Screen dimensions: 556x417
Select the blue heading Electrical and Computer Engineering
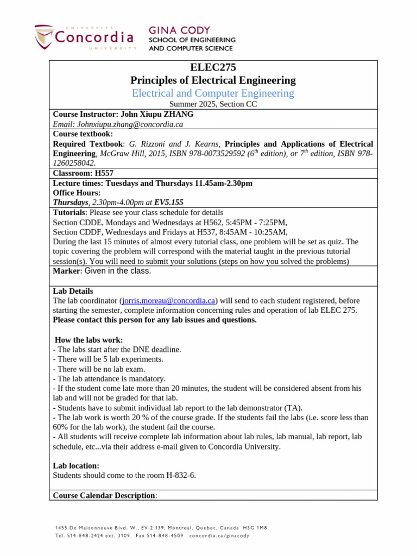tap(213, 93)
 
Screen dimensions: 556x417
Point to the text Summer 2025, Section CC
tap(213, 104)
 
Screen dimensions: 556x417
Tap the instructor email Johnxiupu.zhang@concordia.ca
tap(118, 124)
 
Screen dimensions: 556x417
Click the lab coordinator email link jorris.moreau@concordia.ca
tap(169, 300)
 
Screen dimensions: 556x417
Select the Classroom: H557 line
tap(83, 173)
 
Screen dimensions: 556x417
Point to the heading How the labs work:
tap(89, 340)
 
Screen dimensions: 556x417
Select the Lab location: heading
tap(76, 465)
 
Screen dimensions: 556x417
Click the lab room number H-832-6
tap(176, 475)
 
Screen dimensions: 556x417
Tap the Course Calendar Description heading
tap(104, 495)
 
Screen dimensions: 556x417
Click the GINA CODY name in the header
tap(179, 30)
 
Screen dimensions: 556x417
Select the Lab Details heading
tap(73, 291)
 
